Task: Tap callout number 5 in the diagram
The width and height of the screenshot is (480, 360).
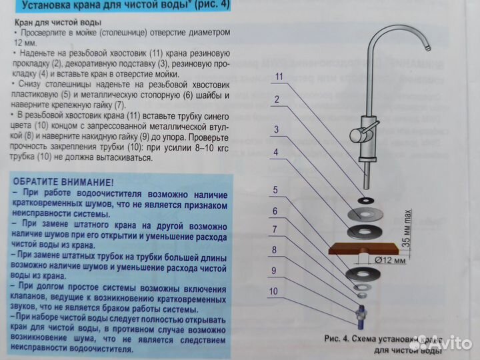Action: tap(275, 190)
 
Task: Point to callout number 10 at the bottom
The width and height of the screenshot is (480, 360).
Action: tap(273, 291)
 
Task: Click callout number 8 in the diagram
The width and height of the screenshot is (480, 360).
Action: tap(275, 251)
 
